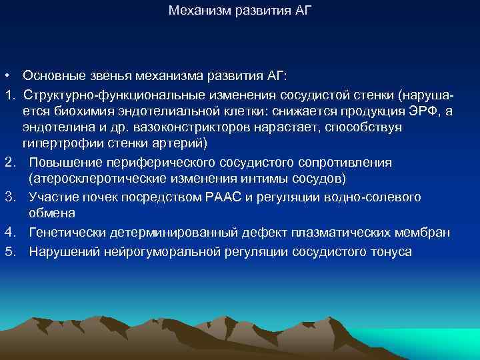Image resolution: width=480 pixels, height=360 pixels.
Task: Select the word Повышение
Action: [63, 163]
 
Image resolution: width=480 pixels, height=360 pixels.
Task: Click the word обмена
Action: [52, 214]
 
